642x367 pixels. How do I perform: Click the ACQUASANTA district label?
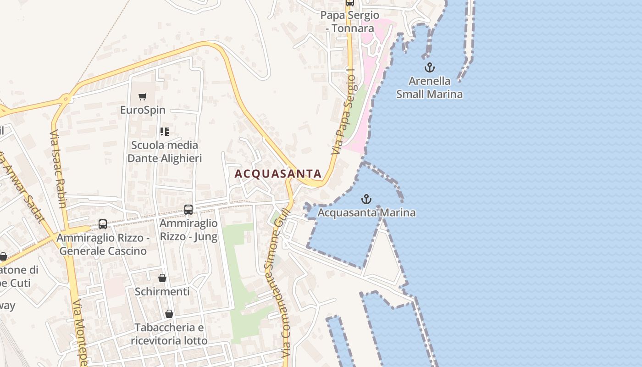click(278, 174)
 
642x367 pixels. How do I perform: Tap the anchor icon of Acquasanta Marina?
click(366, 199)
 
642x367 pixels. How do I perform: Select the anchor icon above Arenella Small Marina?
click(429, 68)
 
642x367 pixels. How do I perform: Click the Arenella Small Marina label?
click(429, 88)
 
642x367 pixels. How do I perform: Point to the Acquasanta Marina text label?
click(366, 212)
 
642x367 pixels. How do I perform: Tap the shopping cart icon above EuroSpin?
click(143, 97)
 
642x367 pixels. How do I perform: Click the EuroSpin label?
click(143, 110)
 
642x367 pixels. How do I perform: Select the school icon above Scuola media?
click(165, 132)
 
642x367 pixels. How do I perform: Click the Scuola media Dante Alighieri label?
click(165, 152)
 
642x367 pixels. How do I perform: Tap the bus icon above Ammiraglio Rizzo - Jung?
click(188, 210)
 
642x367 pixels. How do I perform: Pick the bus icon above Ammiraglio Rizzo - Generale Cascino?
click(103, 224)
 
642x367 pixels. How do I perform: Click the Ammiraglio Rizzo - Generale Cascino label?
click(103, 245)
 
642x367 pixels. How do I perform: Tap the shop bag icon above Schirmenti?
click(162, 278)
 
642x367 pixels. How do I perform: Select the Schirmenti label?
click(162, 292)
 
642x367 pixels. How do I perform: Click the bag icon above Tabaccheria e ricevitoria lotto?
click(169, 314)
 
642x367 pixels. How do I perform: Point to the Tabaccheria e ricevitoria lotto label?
click(169, 334)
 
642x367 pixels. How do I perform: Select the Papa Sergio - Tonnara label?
click(350, 22)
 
